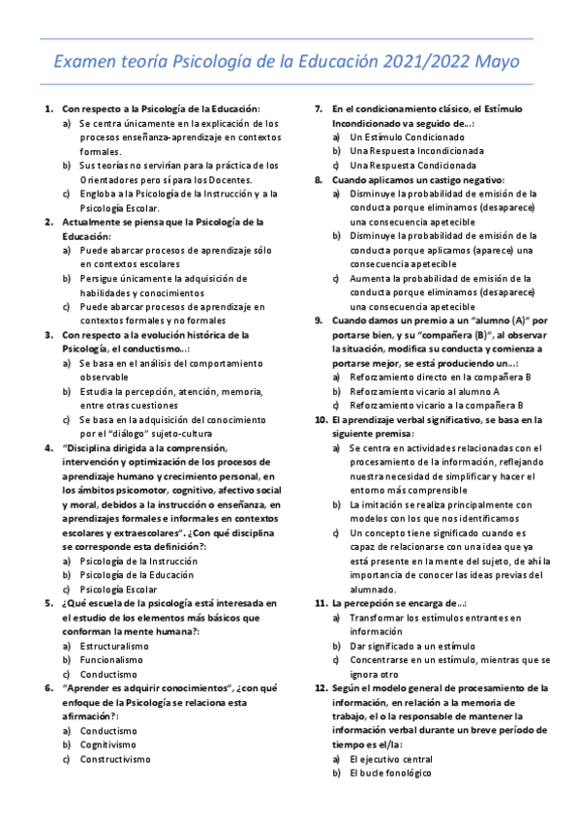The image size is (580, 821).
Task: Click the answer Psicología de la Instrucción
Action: click(x=138, y=561)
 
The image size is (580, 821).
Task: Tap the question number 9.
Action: click(x=320, y=319)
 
